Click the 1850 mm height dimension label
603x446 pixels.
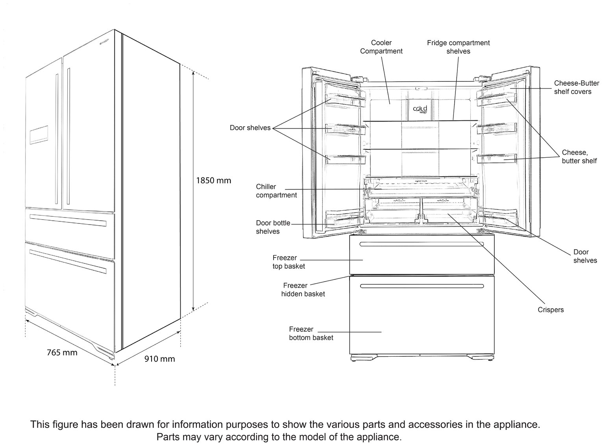tap(213, 181)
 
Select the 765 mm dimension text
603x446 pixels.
tap(62, 352)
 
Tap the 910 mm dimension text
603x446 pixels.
tap(159, 359)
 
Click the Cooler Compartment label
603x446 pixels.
tap(381, 47)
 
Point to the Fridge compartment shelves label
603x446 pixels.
tap(458, 47)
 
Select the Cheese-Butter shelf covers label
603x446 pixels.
tap(576, 87)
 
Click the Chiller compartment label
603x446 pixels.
tap(276, 191)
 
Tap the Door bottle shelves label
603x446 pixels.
tap(273, 227)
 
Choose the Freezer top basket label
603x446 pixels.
tap(289, 262)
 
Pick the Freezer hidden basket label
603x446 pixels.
tap(303, 289)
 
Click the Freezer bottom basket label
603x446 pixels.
tap(311, 333)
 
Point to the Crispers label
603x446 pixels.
tap(550, 310)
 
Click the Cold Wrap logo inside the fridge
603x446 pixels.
tap(420, 110)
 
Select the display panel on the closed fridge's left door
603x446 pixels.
tap(39, 135)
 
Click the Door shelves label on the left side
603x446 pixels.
tap(250, 128)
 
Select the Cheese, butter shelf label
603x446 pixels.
tap(579, 157)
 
